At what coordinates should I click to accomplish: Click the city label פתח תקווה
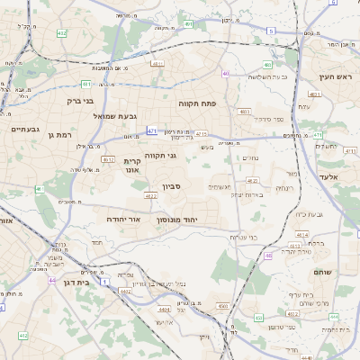click(x=195, y=103)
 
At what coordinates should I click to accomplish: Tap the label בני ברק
click(x=80, y=101)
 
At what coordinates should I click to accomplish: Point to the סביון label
click(x=171, y=187)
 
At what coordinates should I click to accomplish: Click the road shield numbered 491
click(x=188, y=24)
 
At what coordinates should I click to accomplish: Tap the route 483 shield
click(x=245, y=112)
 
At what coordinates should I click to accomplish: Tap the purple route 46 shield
click(x=268, y=256)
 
